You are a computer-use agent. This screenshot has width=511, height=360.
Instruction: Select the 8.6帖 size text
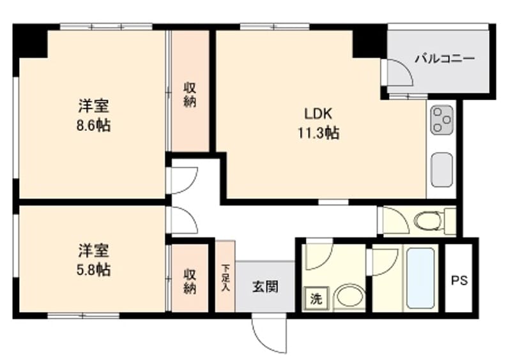pyautogui.click(x=93, y=125)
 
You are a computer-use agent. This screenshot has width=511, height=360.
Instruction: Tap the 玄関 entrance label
pyautogui.click(x=264, y=287)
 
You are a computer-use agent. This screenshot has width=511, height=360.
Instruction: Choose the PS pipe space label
pyautogui.click(x=459, y=280)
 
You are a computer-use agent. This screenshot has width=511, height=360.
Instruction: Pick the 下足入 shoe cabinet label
pyautogui.click(x=225, y=276)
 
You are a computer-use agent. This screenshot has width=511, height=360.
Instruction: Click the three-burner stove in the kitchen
pyautogui.click(x=441, y=119)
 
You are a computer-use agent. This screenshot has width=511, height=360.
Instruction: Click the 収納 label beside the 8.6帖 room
pyautogui.click(x=190, y=94)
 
